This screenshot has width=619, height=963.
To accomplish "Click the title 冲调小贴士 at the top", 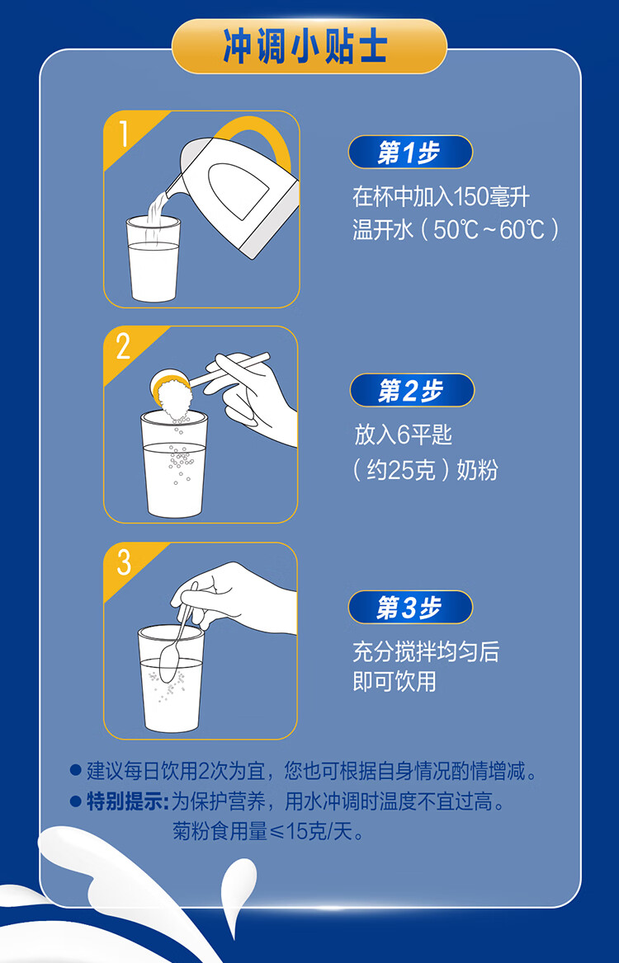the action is pos(305,47).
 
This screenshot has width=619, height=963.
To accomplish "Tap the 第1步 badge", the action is pos(410,153).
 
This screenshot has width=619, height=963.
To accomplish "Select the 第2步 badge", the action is pos(412,390).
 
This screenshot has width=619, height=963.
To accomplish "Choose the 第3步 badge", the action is pos(410,608).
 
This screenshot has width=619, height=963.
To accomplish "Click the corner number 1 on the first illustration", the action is pos(124,134).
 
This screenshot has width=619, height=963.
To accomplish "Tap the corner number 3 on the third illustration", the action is pos(124,562).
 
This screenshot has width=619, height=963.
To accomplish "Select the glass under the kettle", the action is pos(153,259).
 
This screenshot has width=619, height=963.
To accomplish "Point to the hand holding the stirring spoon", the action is pos(239,599).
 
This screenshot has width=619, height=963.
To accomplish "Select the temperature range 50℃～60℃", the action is pos(490,230).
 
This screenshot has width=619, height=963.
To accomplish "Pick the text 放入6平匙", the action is pos(404,435).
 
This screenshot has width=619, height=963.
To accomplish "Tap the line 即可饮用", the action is pos(395,682).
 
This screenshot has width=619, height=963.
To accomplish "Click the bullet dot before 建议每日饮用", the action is pos(76,770).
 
